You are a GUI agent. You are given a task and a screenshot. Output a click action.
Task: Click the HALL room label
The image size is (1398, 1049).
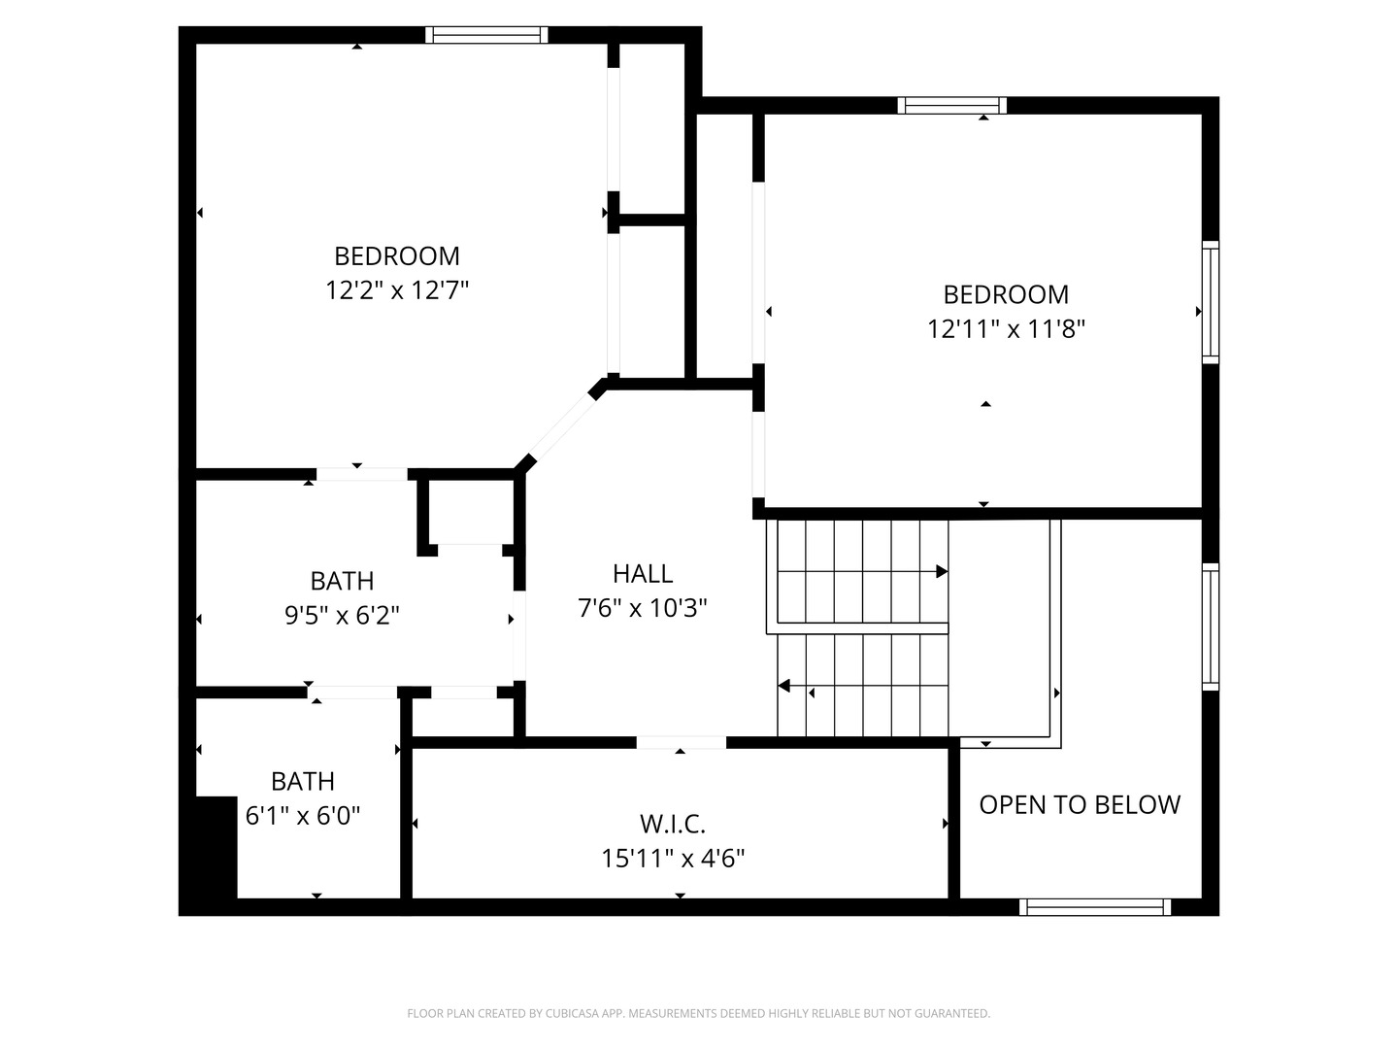point(642,574)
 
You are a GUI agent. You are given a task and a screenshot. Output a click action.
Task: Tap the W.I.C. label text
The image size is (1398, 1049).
point(673,825)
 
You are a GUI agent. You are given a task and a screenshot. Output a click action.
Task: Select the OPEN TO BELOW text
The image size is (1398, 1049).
point(1080,805)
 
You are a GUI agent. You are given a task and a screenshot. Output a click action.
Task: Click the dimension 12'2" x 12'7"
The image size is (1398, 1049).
point(397,290)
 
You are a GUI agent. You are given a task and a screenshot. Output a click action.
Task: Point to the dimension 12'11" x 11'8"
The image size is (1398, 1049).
point(1006,329)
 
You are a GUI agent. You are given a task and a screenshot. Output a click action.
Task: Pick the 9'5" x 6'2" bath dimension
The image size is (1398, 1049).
point(342,615)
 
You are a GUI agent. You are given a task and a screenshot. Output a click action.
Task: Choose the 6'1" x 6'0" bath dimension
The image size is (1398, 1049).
point(303,815)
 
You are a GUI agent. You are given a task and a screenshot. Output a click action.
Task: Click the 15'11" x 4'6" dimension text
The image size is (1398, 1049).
point(673,859)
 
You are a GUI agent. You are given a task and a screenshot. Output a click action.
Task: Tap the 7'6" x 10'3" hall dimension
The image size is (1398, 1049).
point(642,608)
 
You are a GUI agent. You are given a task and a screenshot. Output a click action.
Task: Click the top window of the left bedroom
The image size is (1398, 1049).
point(486,35)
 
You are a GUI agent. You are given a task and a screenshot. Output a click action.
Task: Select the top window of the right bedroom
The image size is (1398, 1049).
point(952,106)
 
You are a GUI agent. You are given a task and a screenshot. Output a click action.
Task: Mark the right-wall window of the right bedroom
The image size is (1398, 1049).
point(1211,302)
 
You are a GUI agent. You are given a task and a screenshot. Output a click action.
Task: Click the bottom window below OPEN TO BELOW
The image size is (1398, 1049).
point(1095,907)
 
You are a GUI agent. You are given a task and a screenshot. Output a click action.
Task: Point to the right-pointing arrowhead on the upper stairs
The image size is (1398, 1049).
point(942,572)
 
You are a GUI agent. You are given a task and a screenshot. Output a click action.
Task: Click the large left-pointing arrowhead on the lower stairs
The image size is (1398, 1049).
point(784,686)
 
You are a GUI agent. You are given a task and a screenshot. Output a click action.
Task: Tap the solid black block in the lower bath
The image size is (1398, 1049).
point(216,847)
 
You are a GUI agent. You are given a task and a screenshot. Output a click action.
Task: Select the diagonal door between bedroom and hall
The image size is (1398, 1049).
point(560,426)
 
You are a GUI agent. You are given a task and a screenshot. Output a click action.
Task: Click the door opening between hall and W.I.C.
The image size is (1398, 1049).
point(681,743)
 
